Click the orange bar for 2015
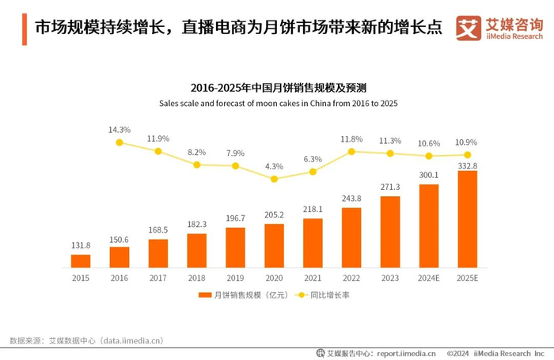tap(81, 260)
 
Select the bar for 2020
tap(274, 245)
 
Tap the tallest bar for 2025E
tap(467, 219)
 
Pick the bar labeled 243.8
tap(351, 237)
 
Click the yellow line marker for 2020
tap(274, 179)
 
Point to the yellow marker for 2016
tap(120, 142)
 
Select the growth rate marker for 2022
tap(351, 151)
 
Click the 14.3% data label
tap(120, 129)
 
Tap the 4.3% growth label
tap(274, 166)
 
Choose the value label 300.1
tap(428, 175)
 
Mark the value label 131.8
tap(81, 244)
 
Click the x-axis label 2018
tap(196, 278)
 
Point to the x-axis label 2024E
tap(428, 278)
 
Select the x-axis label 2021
tap(313, 278)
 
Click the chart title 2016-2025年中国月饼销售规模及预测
tap(278, 88)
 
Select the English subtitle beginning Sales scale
tap(278, 103)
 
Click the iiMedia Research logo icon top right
tap(469, 28)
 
